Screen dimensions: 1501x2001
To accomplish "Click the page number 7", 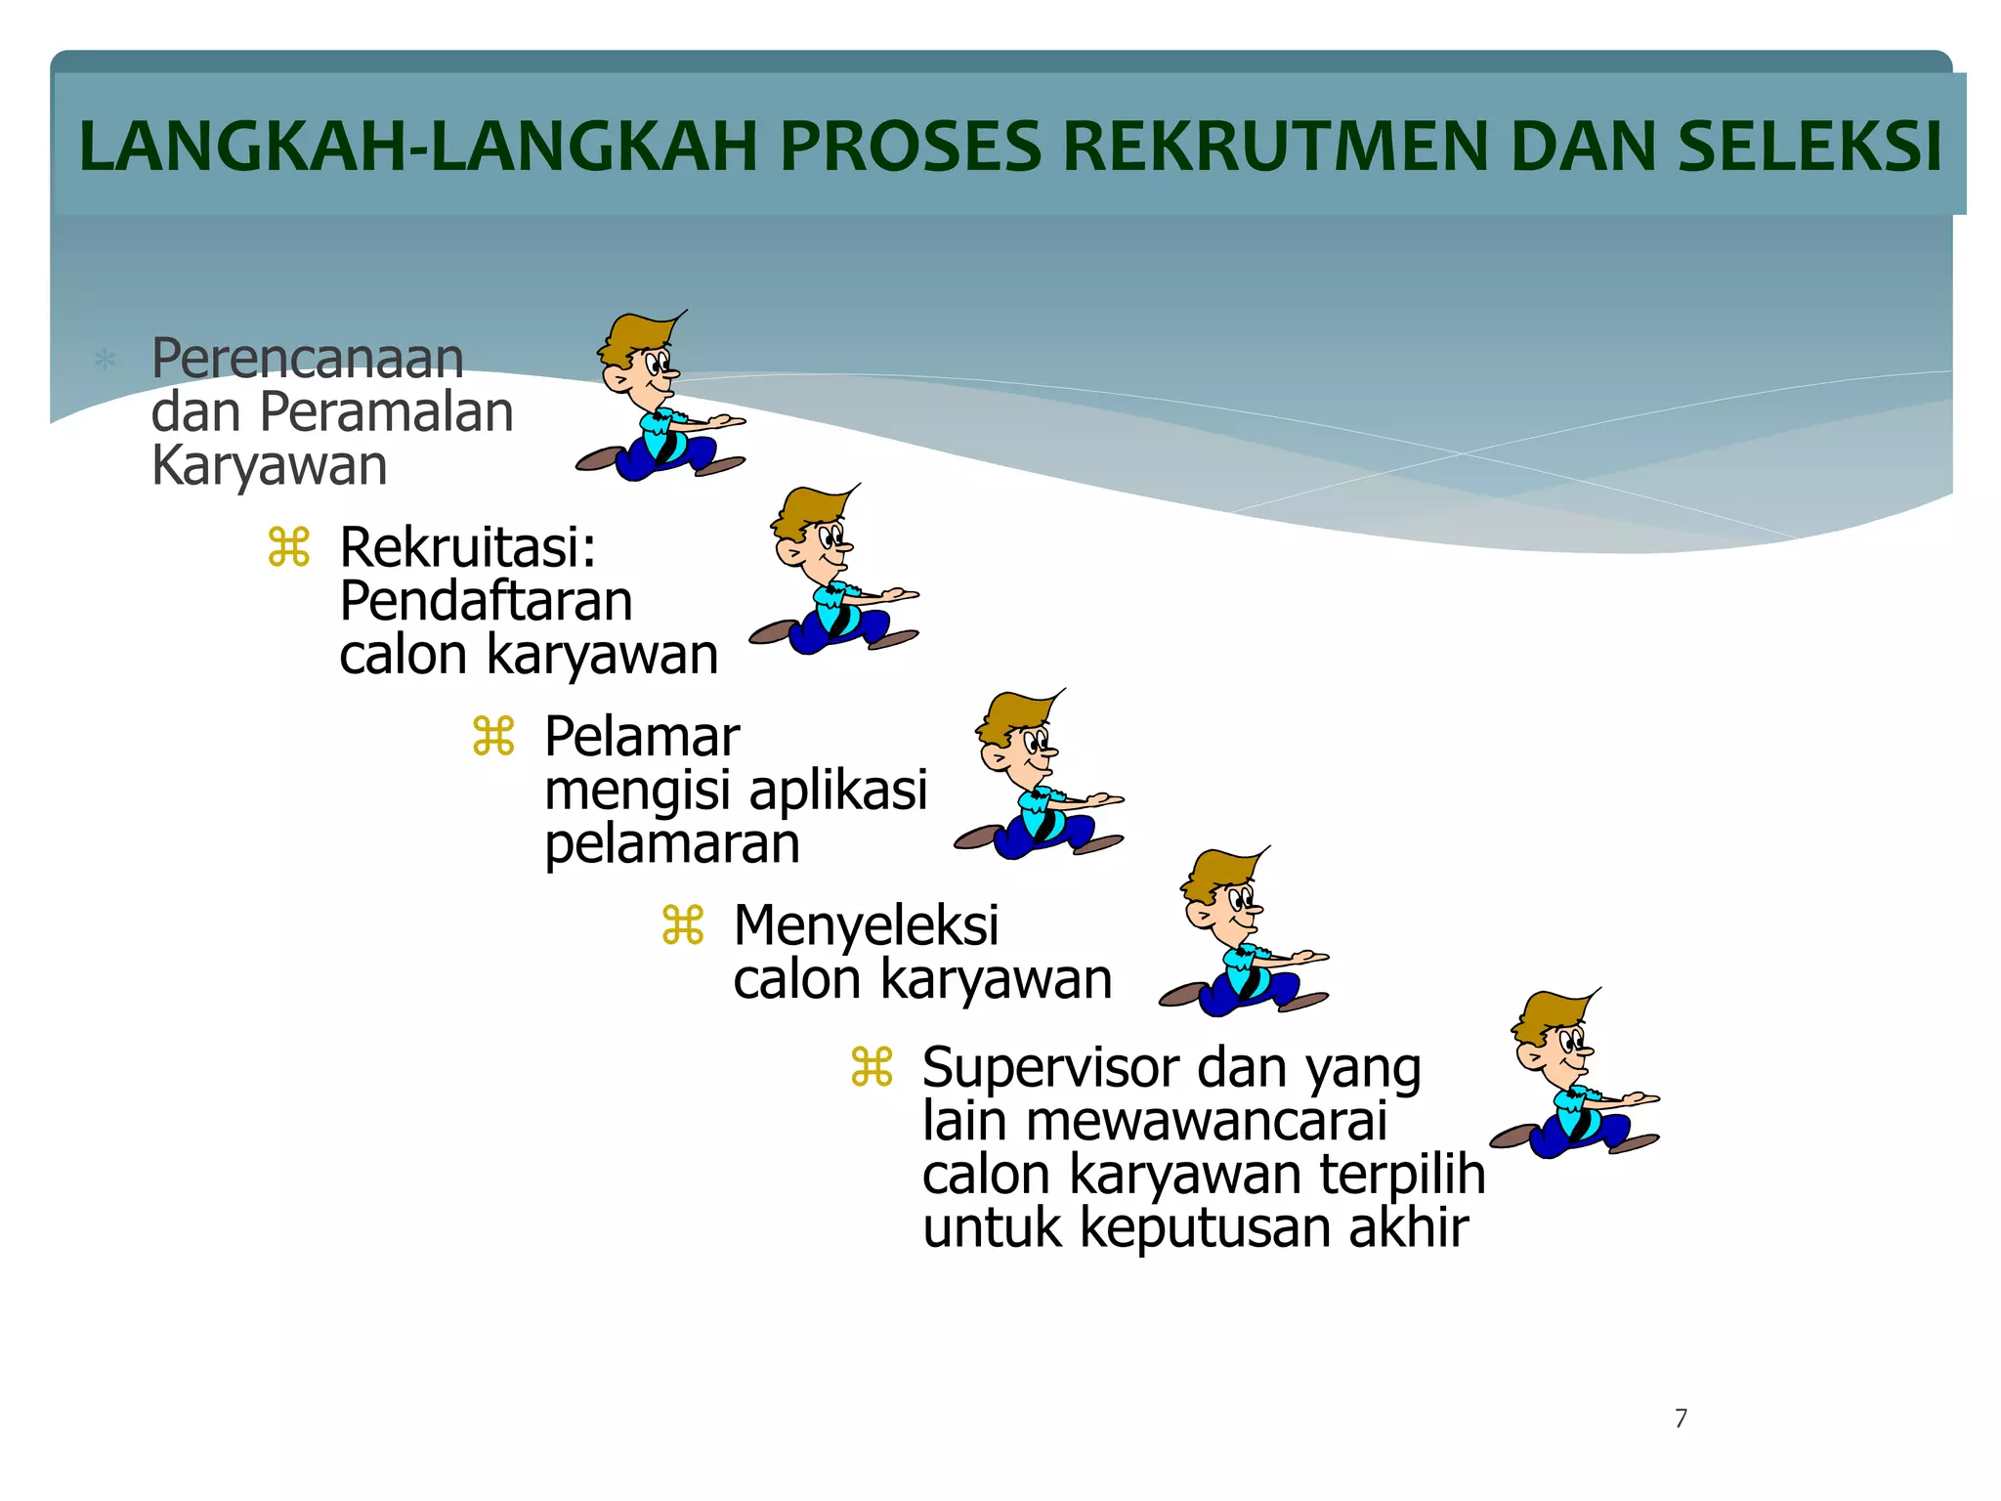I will coord(1681,1418).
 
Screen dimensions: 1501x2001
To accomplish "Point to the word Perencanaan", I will coord(307,359).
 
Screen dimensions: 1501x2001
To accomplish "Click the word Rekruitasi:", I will coord(467,547).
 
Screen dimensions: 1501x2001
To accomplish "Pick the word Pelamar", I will coord(641,737).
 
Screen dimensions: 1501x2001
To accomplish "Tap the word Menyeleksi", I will coord(866,925).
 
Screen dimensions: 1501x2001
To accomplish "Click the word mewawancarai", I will coord(1206,1121).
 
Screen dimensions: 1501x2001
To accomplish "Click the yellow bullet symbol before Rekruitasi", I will coord(289,547).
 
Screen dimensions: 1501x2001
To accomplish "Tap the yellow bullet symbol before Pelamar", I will coord(493,736).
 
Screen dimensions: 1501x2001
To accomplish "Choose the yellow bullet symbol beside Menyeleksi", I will coord(682,925).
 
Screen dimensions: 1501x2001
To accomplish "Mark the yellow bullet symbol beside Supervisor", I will coord(872,1067).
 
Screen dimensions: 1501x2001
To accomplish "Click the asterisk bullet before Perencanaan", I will coord(105,361).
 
